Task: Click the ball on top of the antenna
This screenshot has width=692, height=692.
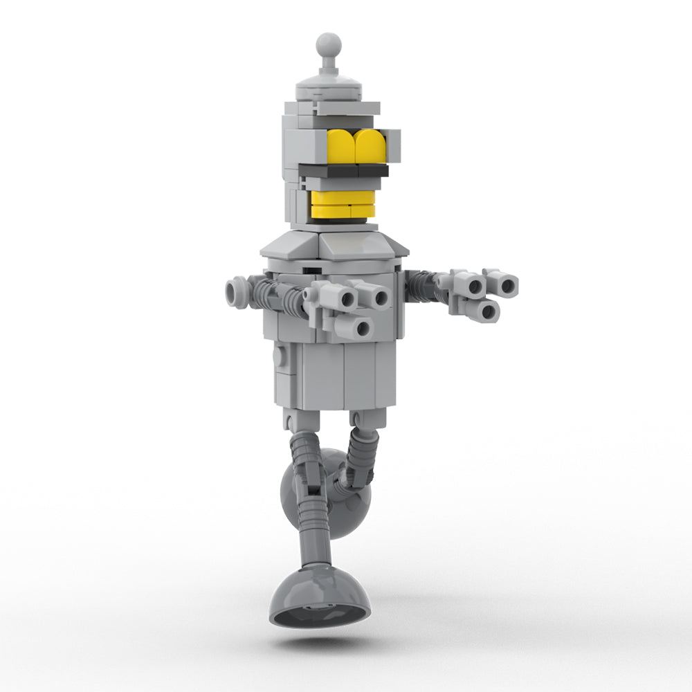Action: click(x=329, y=44)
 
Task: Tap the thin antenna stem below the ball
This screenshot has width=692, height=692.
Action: click(x=329, y=66)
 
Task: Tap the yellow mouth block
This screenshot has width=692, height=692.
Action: click(x=341, y=204)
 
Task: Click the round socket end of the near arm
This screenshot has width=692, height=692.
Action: click(x=236, y=290)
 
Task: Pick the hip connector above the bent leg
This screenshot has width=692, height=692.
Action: click(x=365, y=418)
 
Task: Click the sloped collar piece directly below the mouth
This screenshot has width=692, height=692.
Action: click(x=349, y=243)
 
